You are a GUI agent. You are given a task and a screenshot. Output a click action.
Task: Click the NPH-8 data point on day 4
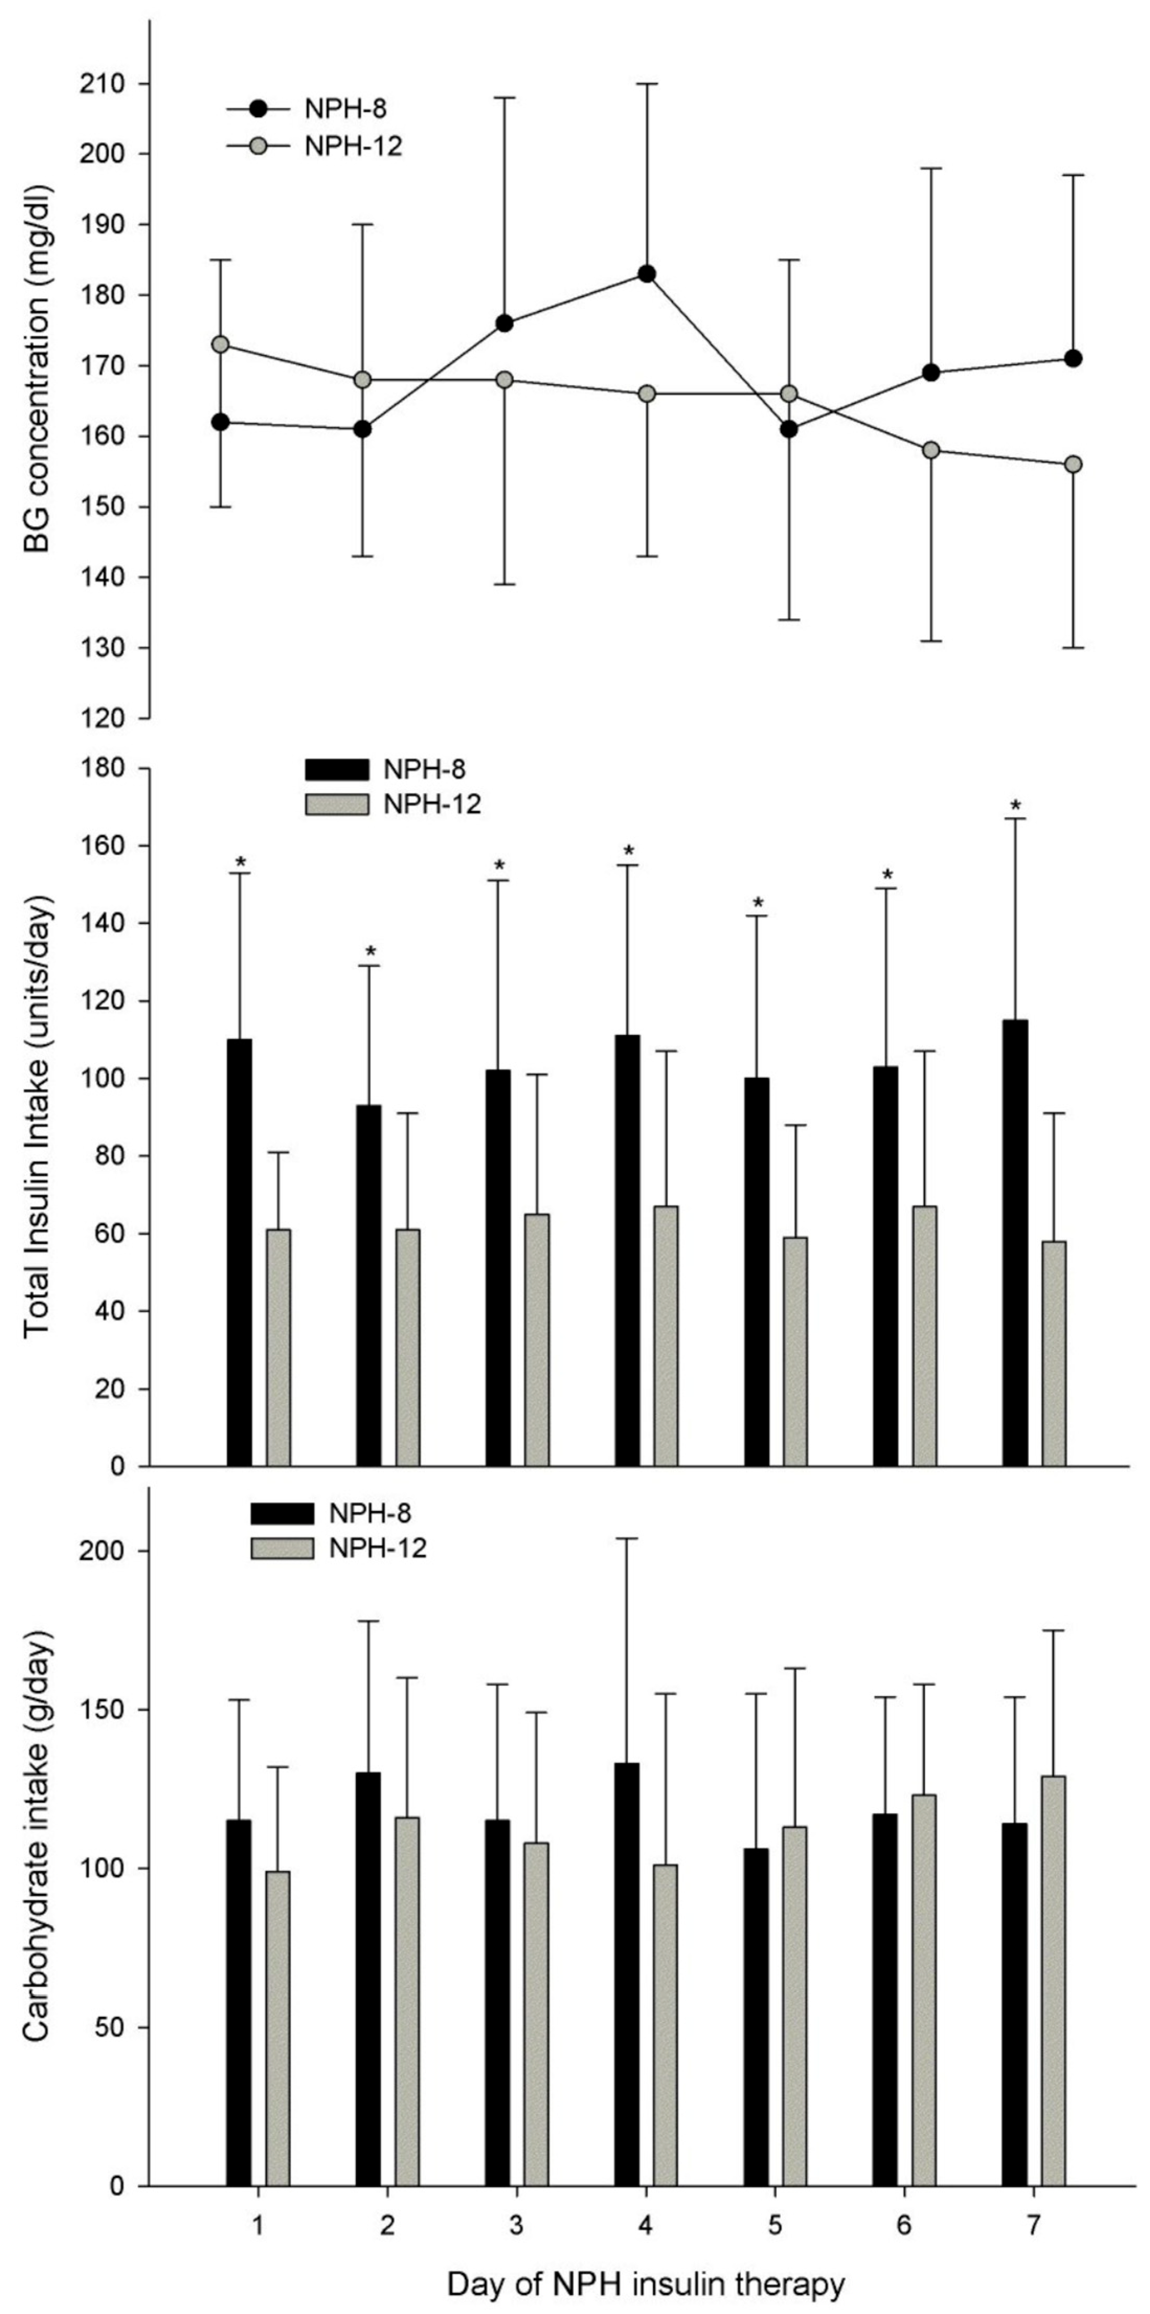646,274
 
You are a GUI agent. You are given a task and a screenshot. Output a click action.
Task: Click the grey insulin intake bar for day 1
279,1347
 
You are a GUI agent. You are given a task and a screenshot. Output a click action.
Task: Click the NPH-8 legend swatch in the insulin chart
337,770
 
